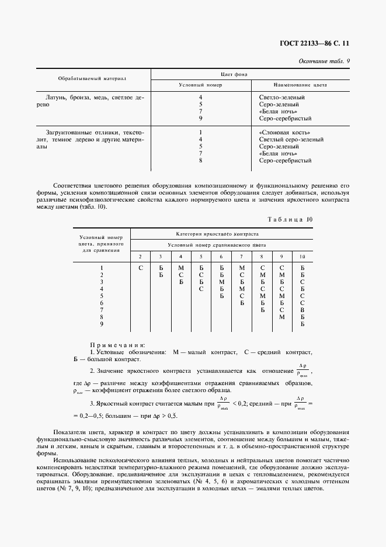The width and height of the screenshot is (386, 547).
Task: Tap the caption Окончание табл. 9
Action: tap(324, 61)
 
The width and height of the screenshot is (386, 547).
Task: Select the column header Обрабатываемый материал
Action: tap(92, 78)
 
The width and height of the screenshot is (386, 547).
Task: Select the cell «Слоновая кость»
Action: tap(284, 133)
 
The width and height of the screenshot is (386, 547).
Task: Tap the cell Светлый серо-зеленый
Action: tap(291, 140)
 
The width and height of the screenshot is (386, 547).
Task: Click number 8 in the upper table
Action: tap(200, 160)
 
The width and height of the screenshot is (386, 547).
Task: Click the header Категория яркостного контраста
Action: tap(221, 233)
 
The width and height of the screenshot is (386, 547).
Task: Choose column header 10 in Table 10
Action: tap(302, 257)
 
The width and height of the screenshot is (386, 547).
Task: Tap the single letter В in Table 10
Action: tap(302, 309)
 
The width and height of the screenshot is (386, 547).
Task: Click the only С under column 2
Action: tap(141, 268)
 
